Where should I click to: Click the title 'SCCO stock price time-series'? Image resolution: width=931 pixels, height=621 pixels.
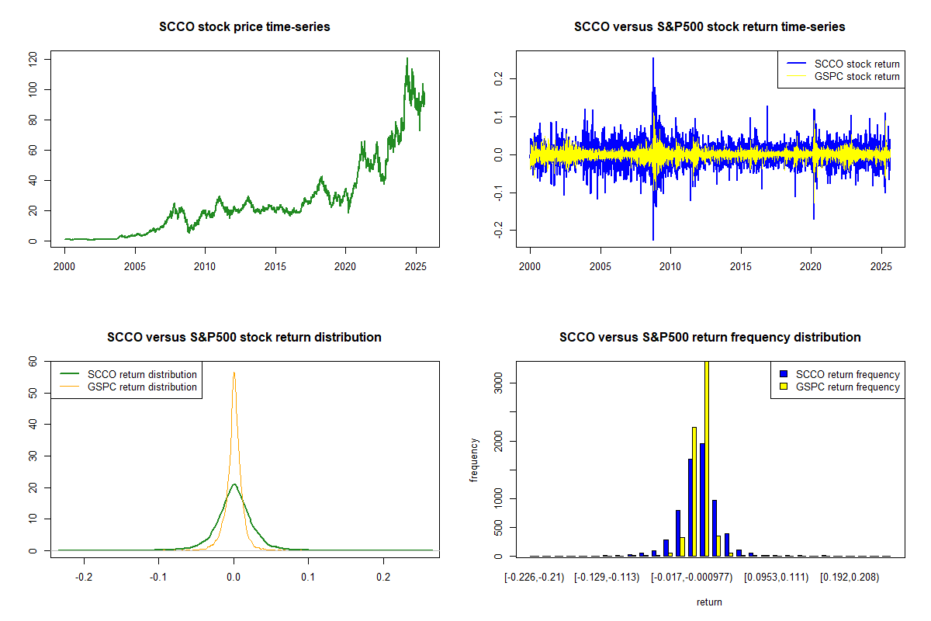[x=244, y=27]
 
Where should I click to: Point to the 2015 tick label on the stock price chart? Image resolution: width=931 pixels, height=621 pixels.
[x=275, y=267]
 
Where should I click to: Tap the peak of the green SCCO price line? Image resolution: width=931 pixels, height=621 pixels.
[x=407, y=58]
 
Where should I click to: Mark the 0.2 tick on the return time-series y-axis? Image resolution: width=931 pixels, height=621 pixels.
[x=507, y=78]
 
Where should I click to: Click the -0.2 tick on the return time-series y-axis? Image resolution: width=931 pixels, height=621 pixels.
[x=505, y=230]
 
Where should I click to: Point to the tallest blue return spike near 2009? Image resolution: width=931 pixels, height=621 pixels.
[x=653, y=59]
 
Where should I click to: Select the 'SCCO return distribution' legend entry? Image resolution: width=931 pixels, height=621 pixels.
[x=142, y=374]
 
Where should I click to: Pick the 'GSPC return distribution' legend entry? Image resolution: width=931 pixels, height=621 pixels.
[x=142, y=387]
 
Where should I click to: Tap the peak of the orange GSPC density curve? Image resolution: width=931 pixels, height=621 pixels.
[x=234, y=373]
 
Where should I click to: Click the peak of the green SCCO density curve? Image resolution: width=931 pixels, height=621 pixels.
[x=234, y=484]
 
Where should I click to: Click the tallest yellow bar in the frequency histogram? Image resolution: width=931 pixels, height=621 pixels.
[x=706, y=458]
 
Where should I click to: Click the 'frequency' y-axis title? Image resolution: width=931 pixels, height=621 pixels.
[x=474, y=460]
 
